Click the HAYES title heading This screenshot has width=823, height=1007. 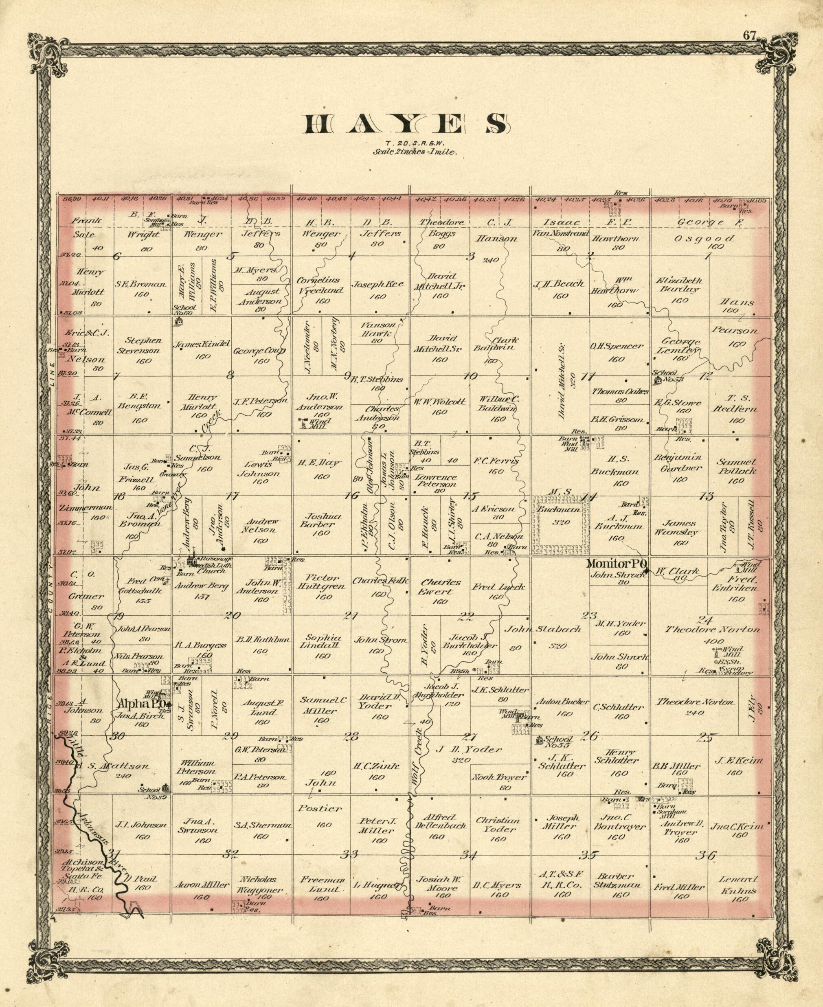[407, 124]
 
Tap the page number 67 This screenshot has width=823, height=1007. [749, 35]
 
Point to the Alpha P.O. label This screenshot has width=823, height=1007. [143, 704]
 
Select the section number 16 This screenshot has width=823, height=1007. [352, 496]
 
